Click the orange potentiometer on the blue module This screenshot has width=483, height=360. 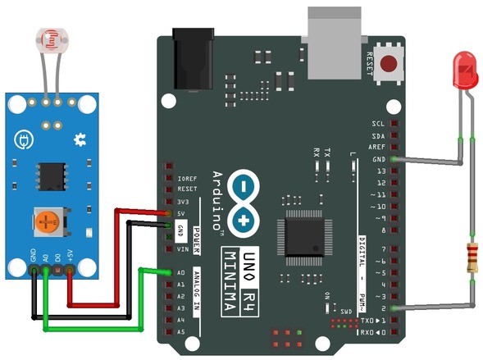point(48,219)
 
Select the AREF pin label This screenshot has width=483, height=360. point(376,148)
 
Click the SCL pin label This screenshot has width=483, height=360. point(378,125)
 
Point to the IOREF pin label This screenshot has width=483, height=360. point(186,178)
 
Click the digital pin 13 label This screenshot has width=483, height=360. point(380,171)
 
